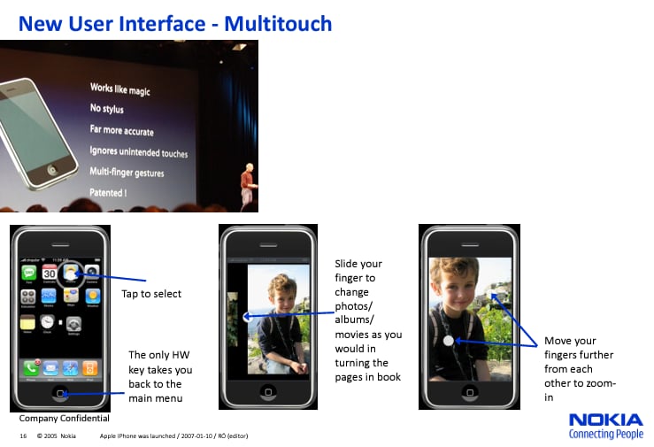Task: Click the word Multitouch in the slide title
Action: (x=278, y=23)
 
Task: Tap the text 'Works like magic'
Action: (x=121, y=89)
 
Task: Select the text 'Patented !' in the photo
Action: (x=108, y=192)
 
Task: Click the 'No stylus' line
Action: (x=107, y=110)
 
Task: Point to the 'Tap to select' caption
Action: (x=151, y=294)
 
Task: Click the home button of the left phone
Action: (x=60, y=392)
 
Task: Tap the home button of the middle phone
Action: (x=268, y=390)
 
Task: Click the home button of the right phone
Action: (x=468, y=390)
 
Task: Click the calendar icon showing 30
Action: (x=50, y=274)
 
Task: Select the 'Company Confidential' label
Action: (x=65, y=418)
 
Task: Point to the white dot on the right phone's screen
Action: (x=449, y=340)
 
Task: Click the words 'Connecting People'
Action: (x=605, y=435)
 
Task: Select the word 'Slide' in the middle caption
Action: (x=347, y=264)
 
